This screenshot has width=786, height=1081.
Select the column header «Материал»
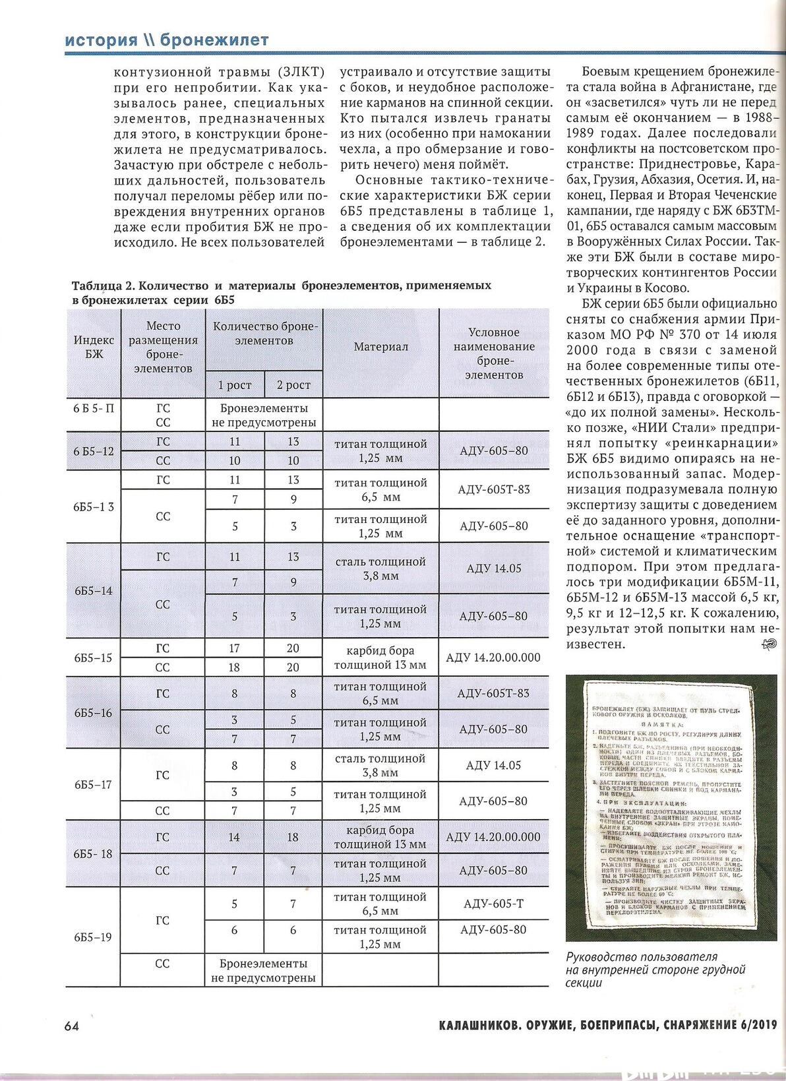(x=380, y=347)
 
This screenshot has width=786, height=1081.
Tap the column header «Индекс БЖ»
(x=94, y=347)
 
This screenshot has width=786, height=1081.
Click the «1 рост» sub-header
(x=235, y=385)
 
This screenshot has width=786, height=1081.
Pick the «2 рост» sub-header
(x=293, y=385)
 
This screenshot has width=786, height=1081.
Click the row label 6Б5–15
(x=93, y=658)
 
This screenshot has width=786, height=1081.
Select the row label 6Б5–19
(x=93, y=937)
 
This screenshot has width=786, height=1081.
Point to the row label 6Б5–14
(x=93, y=590)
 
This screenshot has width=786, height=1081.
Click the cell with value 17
(x=234, y=648)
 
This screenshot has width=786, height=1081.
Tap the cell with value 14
(x=234, y=837)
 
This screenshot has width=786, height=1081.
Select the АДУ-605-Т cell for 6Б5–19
(x=493, y=904)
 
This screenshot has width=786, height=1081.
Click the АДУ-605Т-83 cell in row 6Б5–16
(x=493, y=693)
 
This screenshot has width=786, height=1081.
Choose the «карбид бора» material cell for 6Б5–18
(x=380, y=837)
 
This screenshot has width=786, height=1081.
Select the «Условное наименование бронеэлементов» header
(x=493, y=354)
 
